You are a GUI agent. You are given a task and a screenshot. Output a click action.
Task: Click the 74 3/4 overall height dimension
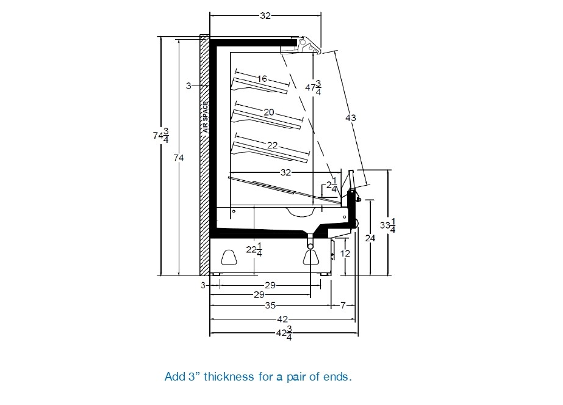tap(161, 136)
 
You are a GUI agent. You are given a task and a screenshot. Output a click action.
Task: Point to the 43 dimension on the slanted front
tap(351, 118)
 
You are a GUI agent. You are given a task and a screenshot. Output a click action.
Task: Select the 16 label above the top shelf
tap(262, 78)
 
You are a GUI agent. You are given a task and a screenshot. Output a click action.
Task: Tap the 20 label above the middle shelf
tap(269, 112)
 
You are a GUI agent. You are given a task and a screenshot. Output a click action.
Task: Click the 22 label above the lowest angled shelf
tap(273, 145)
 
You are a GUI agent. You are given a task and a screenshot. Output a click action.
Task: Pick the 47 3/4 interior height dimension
tap(313, 87)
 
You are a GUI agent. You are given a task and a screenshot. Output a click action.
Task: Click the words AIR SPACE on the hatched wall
tap(206, 117)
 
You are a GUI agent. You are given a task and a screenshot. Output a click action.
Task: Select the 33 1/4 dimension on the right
tap(388, 225)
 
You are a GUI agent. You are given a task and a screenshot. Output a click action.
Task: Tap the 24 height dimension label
tap(370, 238)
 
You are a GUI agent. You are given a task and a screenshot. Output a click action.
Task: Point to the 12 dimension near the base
tap(345, 254)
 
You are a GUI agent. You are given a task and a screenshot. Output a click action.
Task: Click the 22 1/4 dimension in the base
tap(254, 250)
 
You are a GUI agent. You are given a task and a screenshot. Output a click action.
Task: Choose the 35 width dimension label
tap(270, 305)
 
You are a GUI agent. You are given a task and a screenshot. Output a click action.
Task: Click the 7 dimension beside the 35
tap(343, 305)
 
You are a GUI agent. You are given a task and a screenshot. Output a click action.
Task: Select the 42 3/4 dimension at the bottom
tap(284, 333)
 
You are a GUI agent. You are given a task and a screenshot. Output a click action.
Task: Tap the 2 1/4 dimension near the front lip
tap(331, 185)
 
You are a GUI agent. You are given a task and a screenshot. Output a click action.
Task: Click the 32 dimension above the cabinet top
tap(265, 16)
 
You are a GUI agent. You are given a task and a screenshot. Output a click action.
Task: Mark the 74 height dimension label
tap(179, 158)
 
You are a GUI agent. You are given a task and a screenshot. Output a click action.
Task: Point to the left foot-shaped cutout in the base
tap(229, 257)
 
